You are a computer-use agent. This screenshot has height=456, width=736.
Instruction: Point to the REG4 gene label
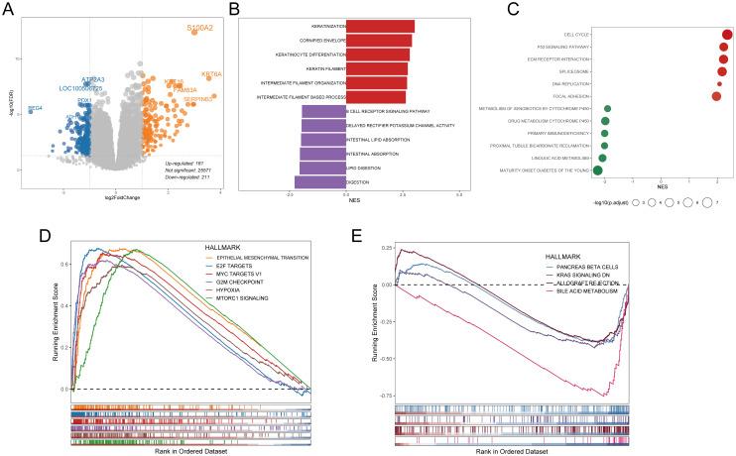pyautogui.click(x=36, y=107)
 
